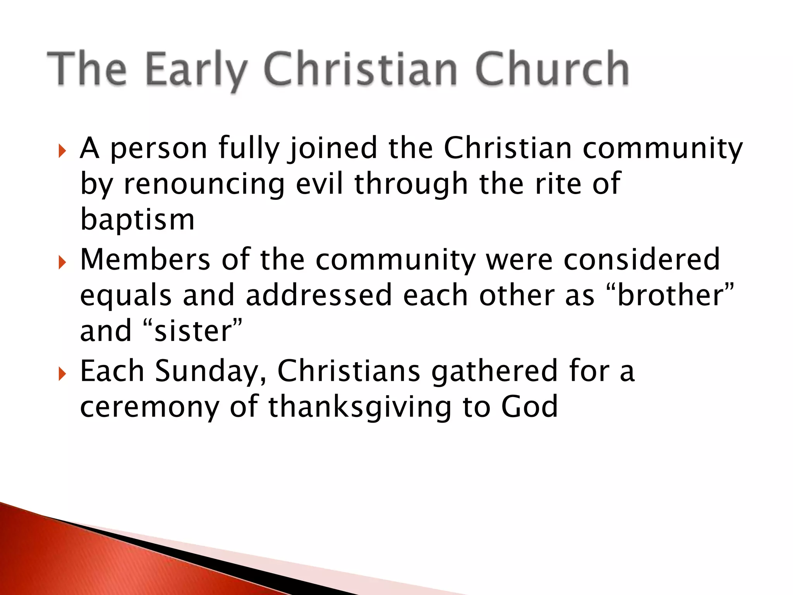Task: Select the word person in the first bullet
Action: pos(159,149)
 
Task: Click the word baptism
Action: pos(137,219)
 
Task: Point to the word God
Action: pos(529,407)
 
